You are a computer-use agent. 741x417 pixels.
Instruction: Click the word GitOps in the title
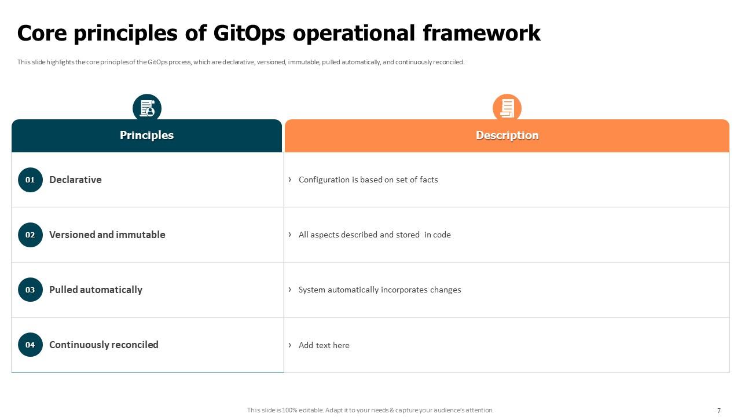click(x=250, y=33)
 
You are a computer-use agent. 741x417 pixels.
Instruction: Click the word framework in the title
click(x=482, y=33)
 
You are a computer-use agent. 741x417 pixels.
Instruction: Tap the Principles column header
click(x=146, y=136)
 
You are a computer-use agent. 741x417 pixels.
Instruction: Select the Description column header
click(x=507, y=136)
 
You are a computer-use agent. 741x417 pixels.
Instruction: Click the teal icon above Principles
click(x=147, y=108)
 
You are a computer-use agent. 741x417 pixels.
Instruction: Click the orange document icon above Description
click(x=507, y=108)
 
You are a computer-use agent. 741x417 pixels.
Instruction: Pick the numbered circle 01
click(x=30, y=180)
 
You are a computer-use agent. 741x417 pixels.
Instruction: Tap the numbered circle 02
click(x=30, y=235)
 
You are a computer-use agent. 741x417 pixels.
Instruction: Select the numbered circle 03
click(x=30, y=290)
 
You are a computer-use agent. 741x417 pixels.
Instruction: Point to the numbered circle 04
click(x=30, y=345)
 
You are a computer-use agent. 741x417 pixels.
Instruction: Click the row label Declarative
click(x=75, y=180)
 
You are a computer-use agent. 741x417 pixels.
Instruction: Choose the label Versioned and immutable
click(x=107, y=235)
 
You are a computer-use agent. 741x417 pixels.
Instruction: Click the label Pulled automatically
click(x=96, y=290)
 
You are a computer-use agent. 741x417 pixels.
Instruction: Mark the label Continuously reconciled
click(x=104, y=345)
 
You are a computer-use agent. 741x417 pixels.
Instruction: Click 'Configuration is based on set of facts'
click(x=368, y=180)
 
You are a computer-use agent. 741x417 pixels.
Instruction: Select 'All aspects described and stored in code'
click(x=375, y=235)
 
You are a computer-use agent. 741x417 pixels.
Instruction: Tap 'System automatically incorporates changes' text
click(x=380, y=290)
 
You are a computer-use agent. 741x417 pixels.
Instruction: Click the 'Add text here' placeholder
click(x=324, y=345)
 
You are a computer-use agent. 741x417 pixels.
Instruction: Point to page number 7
click(x=719, y=411)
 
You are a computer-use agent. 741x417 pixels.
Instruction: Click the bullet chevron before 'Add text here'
click(x=290, y=345)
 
